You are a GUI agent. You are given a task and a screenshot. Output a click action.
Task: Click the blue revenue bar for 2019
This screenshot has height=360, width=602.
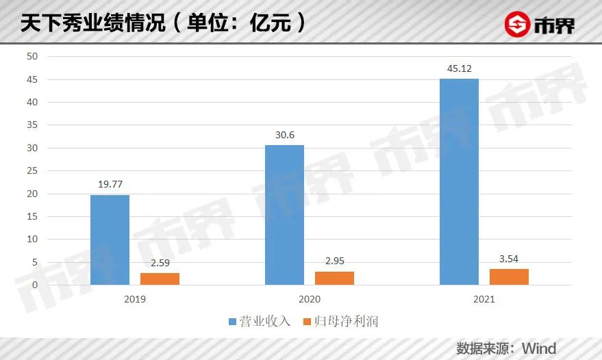tap(110, 240)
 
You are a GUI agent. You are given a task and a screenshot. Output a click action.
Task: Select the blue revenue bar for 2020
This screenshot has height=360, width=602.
tap(284, 215)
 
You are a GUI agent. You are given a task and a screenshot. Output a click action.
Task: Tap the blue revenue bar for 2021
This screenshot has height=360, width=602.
tap(459, 181)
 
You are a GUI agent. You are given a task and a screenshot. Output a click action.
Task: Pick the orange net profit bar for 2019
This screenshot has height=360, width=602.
tap(160, 279)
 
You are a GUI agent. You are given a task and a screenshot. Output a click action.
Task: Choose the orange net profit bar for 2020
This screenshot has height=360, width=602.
tap(334, 278)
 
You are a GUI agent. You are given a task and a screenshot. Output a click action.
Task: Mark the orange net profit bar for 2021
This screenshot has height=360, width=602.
tap(509, 277)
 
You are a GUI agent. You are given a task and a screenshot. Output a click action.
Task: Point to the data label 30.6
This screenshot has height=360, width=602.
tap(284, 135)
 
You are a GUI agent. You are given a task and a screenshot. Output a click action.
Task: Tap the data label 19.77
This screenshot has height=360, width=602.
tap(110, 184)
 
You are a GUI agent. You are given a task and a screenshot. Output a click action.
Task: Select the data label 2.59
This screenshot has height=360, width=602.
tap(160, 263)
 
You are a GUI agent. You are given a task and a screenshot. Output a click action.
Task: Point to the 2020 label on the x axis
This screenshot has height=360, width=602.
tap(309, 300)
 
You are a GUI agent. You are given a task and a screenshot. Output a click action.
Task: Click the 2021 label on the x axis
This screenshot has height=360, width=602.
tap(484, 300)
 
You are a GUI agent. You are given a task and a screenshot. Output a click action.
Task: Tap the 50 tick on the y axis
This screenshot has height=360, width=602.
tap(32, 57)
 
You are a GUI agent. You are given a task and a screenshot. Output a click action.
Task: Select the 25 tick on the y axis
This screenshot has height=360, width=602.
tap(32, 171)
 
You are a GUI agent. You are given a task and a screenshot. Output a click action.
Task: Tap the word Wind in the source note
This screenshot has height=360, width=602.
tap(538, 347)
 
